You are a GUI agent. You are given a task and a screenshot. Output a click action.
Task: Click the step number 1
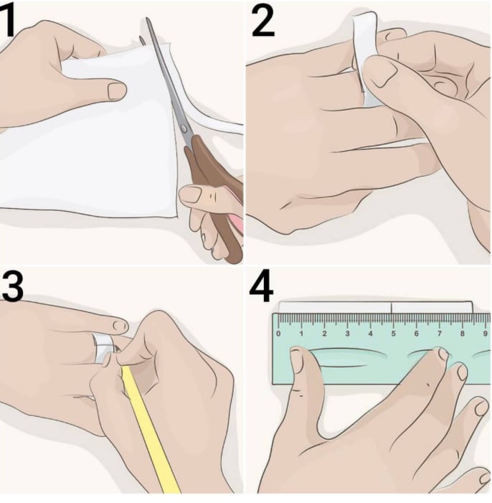click(x=7, y=20)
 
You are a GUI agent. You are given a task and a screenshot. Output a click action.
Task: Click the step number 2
click(x=263, y=21)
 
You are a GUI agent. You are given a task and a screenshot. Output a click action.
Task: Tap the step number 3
click(x=12, y=286)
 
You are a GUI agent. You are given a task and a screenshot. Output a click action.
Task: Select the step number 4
click(x=261, y=286)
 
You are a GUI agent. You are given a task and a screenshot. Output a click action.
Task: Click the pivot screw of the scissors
click(x=184, y=128)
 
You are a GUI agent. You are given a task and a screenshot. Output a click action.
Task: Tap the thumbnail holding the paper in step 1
click(x=117, y=91)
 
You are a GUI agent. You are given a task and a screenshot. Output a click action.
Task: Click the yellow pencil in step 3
click(x=149, y=430)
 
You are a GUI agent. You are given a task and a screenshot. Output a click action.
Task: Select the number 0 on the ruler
click(x=278, y=334)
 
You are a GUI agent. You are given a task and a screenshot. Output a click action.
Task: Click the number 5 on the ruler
click(x=393, y=334)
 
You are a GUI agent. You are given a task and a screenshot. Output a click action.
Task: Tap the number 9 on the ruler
click(x=486, y=334)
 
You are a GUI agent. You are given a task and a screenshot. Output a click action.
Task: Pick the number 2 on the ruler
click(x=324, y=334)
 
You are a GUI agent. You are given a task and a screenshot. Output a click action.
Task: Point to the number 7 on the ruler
click(x=440, y=334)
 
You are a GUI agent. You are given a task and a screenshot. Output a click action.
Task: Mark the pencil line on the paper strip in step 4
click(x=392, y=307)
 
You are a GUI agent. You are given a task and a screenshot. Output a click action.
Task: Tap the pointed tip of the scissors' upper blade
click(x=147, y=19)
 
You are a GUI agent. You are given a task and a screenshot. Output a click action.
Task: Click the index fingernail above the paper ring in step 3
click(x=121, y=326)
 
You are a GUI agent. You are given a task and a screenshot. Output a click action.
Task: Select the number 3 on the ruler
click(x=347, y=334)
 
